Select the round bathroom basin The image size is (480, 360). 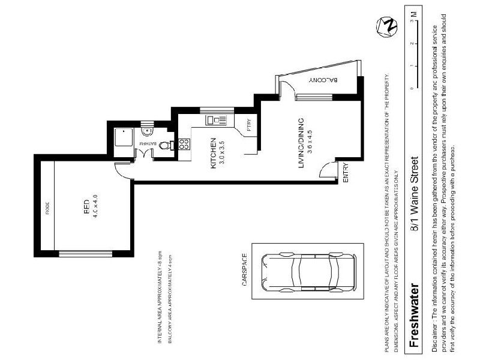pyautogui.click(x=146, y=131)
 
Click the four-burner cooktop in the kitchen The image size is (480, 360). pyautogui.click(x=184, y=144)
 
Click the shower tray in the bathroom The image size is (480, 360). pyautogui.click(x=124, y=139)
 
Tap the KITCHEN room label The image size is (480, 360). pyautogui.click(x=213, y=155)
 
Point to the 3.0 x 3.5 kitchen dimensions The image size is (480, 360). pyautogui.click(x=221, y=155)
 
